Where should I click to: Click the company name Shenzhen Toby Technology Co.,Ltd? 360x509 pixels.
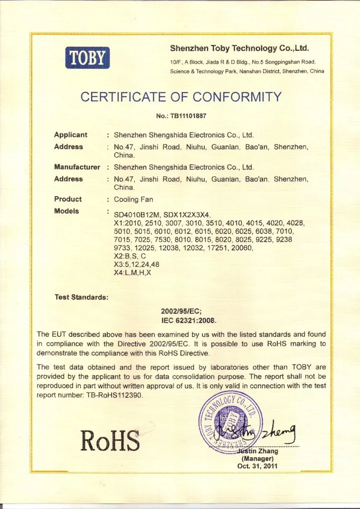click(239, 49)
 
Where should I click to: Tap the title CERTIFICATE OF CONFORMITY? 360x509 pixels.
click(181, 96)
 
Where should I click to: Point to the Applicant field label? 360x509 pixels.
click(70, 135)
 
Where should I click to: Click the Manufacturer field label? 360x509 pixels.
click(77, 166)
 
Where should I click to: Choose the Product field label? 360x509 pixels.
click(68, 199)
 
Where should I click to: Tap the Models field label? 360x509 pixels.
click(66, 211)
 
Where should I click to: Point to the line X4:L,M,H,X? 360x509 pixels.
click(132, 273)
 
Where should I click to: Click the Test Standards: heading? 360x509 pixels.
click(81, 297)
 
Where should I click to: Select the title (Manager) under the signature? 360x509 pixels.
click(257, 458)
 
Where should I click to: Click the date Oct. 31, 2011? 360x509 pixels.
click(257, 466)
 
